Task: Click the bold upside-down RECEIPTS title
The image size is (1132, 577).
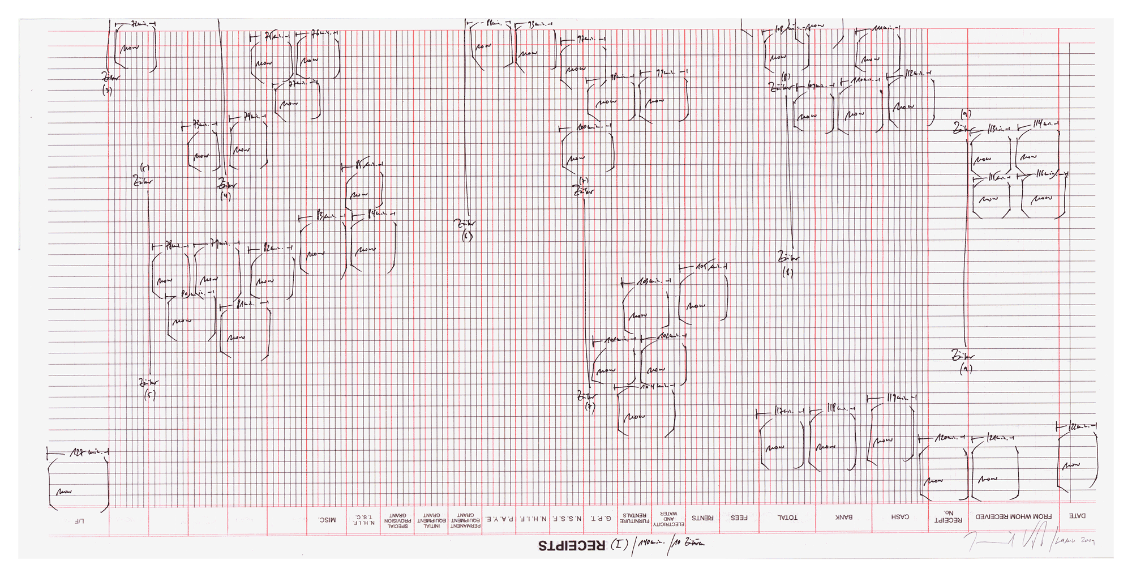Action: [x=572, y=546]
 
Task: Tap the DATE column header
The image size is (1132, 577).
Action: [x=1077, y=516]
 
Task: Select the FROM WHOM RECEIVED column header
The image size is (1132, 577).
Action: [x=1013, y=516]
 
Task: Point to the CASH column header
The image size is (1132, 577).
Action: [x=900, y=517]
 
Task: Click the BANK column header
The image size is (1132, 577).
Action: [x=844, y=517]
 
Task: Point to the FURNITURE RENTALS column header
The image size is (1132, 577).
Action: [x=635, y=518]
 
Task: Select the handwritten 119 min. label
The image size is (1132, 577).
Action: [x=897, y=398]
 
